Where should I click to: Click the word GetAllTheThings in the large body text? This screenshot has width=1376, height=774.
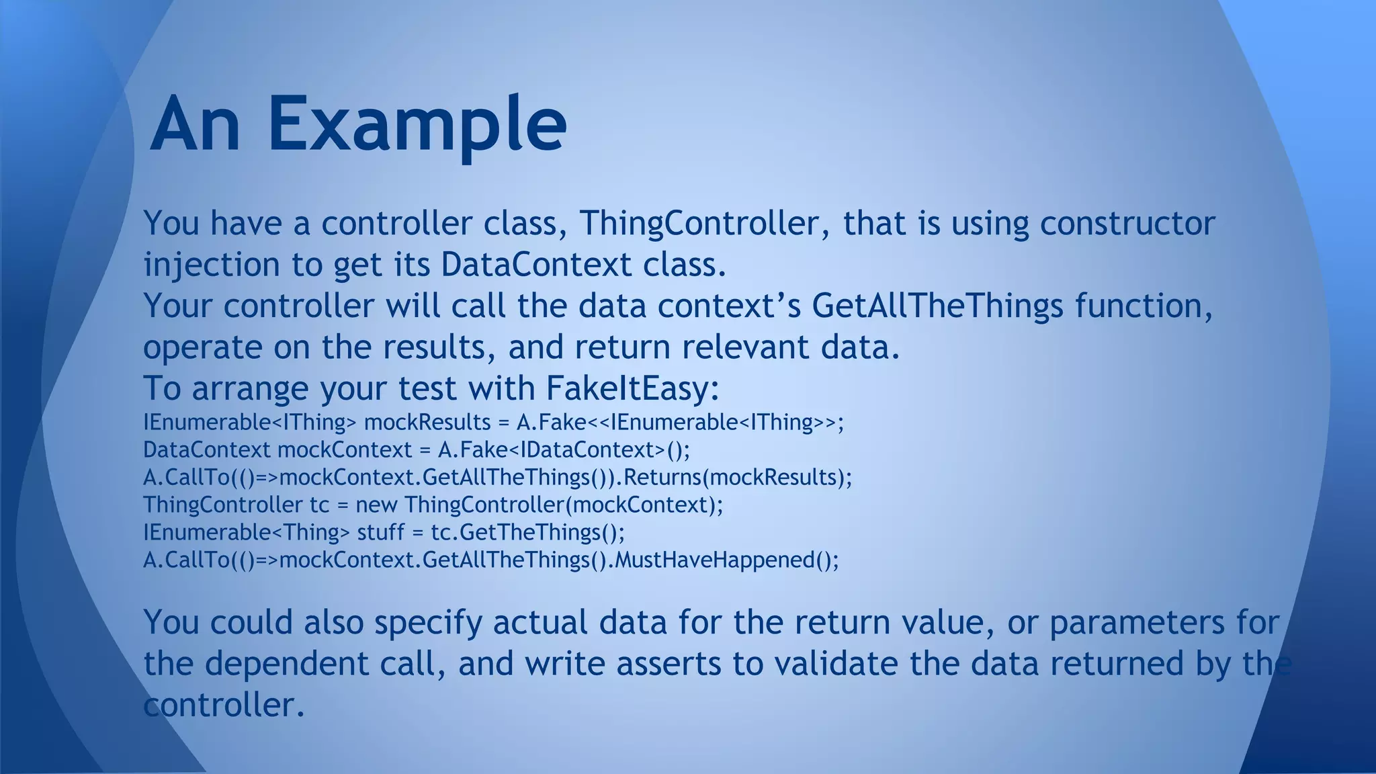(937, 306)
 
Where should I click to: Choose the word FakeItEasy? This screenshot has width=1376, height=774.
(632, 388)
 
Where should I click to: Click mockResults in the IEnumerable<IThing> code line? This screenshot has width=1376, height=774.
(427, 423)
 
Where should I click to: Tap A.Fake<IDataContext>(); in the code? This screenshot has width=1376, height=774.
(564, 450)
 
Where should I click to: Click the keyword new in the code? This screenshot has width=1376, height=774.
(376, 505)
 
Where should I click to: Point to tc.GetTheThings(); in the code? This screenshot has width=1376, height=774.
(527, 533)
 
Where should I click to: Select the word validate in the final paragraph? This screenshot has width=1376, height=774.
(836, 664)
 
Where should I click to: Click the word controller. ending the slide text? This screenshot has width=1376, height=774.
(224, 705)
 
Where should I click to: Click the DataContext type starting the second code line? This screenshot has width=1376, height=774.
(206, 450)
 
